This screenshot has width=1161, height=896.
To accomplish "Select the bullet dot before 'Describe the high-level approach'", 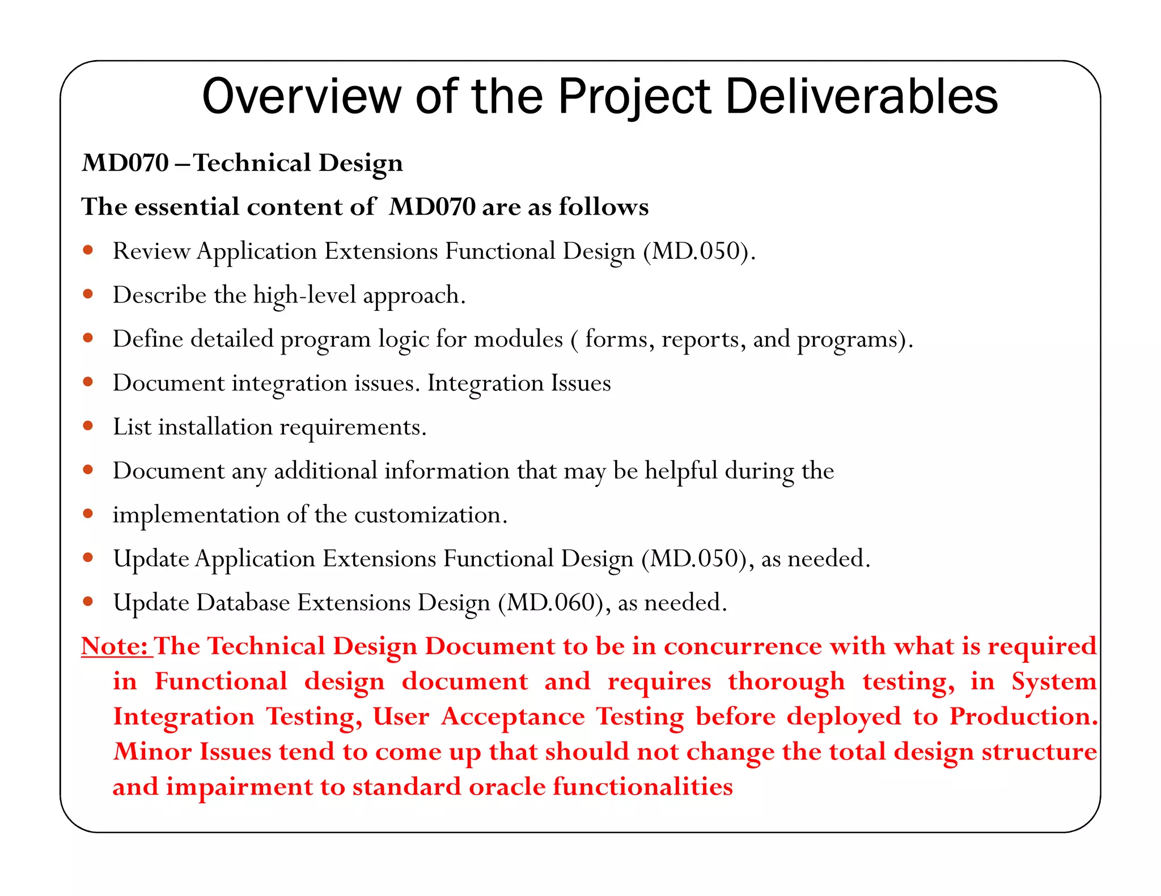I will click(x=88, y=294).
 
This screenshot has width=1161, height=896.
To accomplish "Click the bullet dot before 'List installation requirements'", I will click(x=88, y=426).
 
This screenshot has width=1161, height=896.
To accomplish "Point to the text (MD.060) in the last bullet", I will click(x=550, y=603).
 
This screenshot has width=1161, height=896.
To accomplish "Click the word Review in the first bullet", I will click(x=151, y=251).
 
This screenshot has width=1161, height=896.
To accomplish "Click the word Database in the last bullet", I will click(x=243, y=603).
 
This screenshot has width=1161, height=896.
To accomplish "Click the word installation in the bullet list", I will click(x=215, y=426).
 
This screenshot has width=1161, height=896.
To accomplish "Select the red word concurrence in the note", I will click(x=743, y=646).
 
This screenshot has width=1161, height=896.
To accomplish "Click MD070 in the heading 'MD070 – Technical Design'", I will click(x=125, y=163).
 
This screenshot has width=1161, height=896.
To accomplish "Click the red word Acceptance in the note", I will click(x=512, y=716).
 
